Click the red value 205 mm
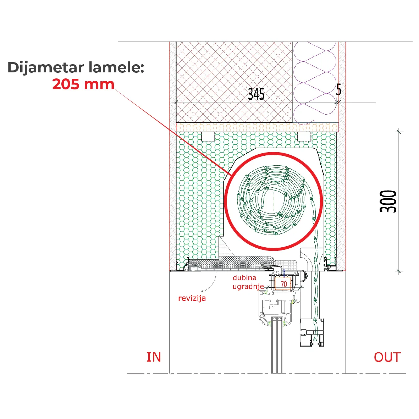pyautogui.click(x=83, y=84)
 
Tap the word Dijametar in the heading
pyautogui.click(x=46, y=67)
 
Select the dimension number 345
pyautogui.click(x=256, y=94)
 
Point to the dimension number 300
pyautogui.click(x=388, y=202)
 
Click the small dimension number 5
pyautogui.click(x=338, y=90)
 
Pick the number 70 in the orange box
pyautogui.click(x=284, y=284)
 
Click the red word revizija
pyautogui.click(x=192, y=298)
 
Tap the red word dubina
pyautogui.click(x=244, y=278)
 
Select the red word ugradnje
pyautogui.click(x=248, y=287)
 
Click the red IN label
pyautogui.click(x=154, y=357)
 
